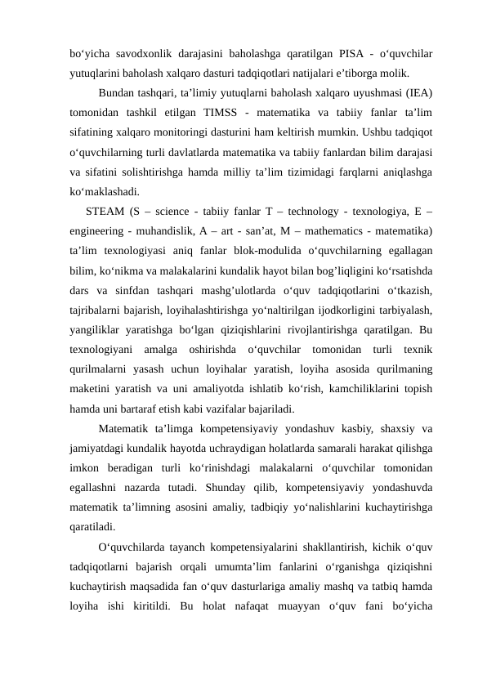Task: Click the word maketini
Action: point(92,392)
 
